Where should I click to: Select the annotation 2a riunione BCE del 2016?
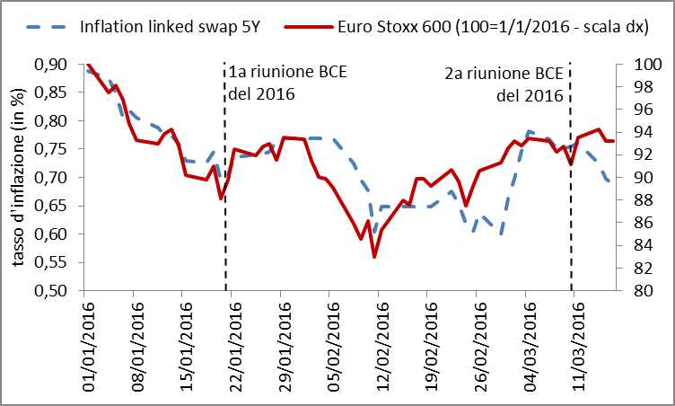point(504,84)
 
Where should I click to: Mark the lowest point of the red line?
point(374,257)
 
